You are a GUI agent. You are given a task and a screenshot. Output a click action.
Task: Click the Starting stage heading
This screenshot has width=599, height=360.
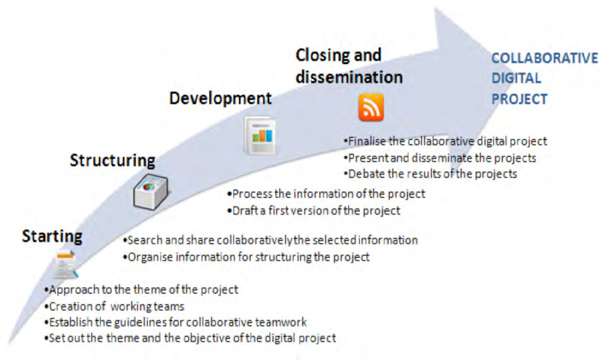pos(52,237)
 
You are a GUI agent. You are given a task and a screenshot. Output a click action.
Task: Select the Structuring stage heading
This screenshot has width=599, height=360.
pos(112,161)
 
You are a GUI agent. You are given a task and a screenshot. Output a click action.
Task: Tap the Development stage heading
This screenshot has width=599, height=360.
pos(220,99)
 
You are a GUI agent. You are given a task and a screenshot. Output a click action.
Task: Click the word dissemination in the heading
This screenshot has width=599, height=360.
pos(349,77)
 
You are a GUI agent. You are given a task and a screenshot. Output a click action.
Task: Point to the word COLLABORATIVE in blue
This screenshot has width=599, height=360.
pos(545,58)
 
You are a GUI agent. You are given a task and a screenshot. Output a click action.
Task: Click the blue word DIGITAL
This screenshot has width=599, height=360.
pos(516,78)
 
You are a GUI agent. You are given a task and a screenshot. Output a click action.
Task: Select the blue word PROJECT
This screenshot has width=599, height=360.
pos(519,99)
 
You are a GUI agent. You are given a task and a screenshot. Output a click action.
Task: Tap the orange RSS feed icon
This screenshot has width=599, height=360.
pos(371,107)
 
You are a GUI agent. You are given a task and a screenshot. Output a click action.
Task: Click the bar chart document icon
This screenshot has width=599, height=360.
pos(260,135)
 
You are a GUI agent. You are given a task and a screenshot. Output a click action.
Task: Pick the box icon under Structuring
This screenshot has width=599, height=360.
pos(150,191)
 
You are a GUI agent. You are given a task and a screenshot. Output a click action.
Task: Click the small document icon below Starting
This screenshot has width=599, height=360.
pos(66,264)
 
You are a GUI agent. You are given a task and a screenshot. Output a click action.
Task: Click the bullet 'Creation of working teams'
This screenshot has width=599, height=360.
pos(115,307)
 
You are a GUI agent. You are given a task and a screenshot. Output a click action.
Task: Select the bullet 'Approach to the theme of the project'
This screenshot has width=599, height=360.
pos(141,290)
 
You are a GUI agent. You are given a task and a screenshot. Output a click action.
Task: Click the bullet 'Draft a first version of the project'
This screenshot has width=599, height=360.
pos(314,211)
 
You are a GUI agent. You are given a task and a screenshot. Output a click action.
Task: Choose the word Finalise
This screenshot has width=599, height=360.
pos(367,142)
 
